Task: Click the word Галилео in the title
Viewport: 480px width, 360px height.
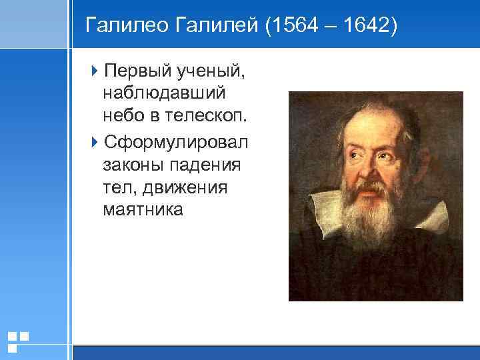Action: [127, 26]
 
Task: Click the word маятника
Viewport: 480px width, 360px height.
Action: [142, 210]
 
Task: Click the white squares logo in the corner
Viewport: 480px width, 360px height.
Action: [17, 341]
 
